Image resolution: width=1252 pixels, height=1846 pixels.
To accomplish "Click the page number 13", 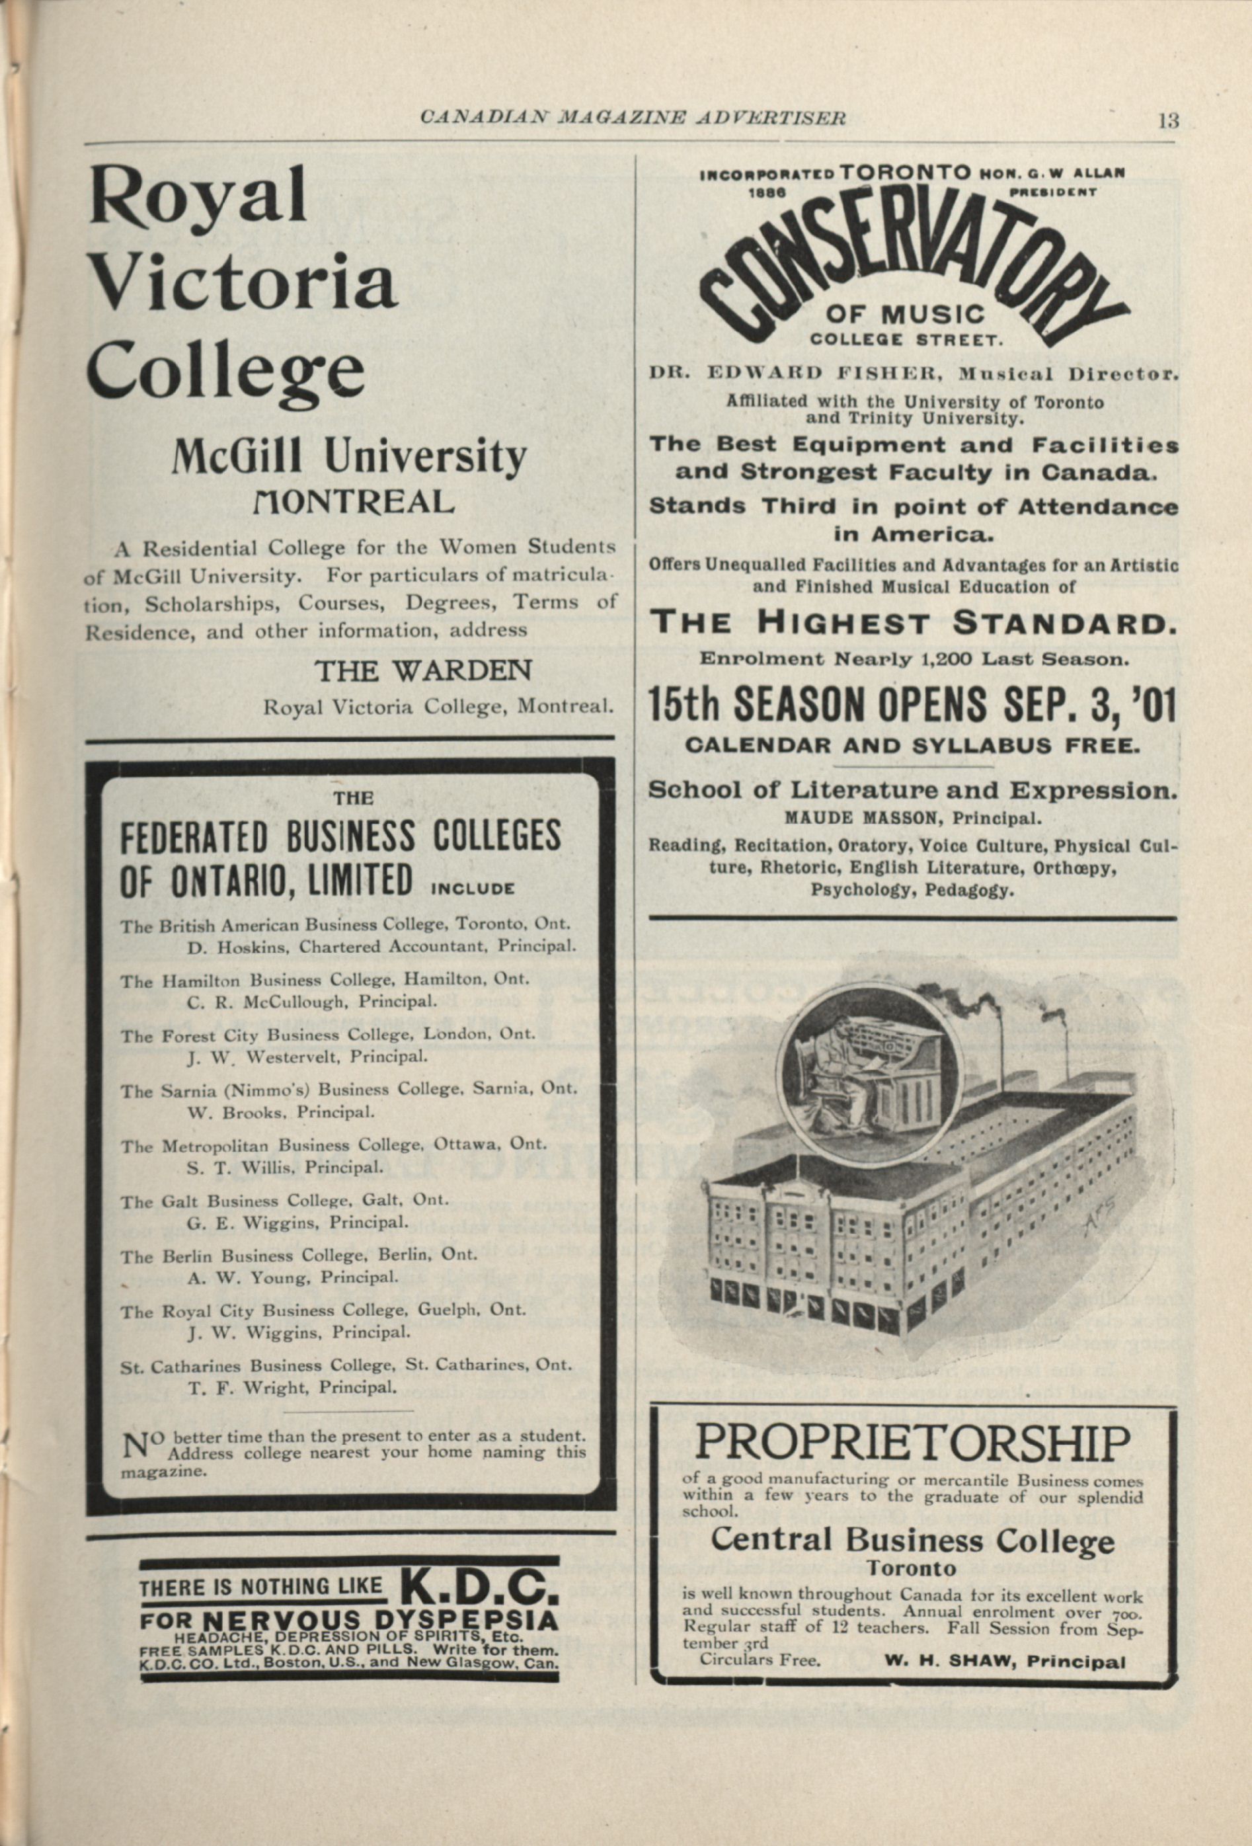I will [1168, 122].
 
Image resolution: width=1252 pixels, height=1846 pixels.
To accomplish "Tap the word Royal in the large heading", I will [198, 196].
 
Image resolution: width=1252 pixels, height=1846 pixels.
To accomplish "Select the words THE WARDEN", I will [422, 672].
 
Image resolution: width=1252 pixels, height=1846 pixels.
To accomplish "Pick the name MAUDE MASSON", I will [850, 816].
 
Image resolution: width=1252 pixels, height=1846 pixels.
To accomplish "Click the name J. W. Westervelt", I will [267, 1057].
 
